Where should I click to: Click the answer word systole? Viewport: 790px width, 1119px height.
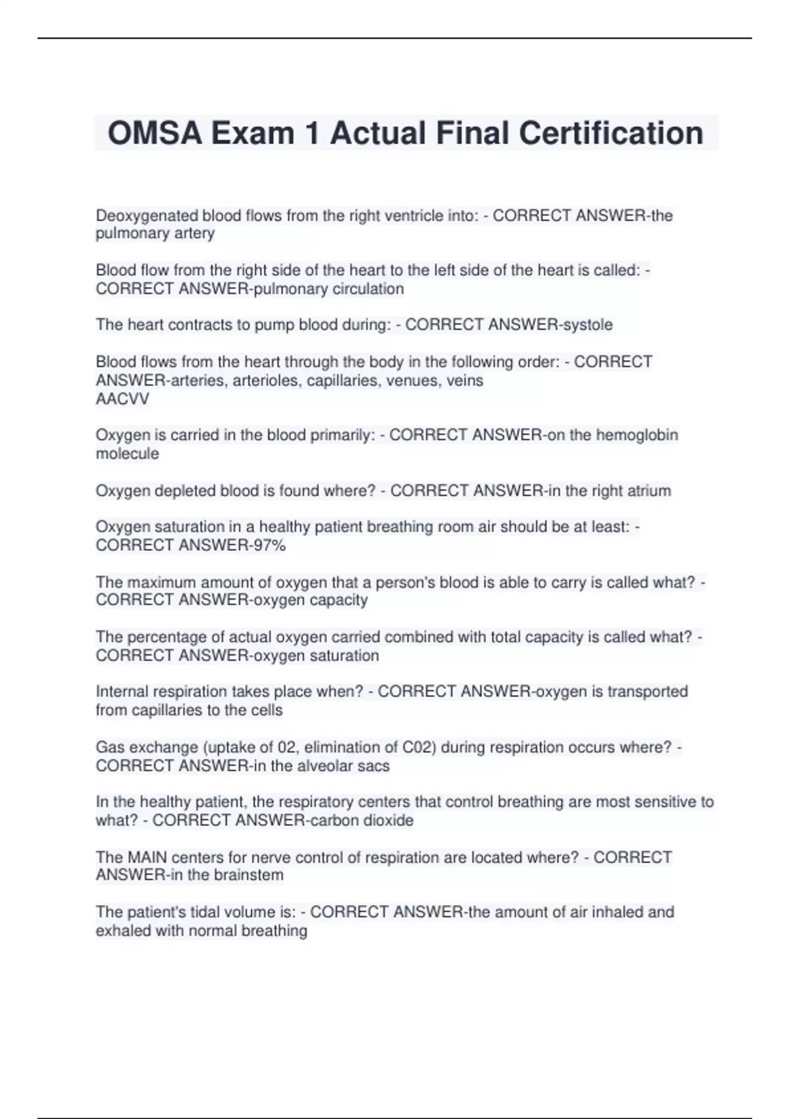pos(585,325)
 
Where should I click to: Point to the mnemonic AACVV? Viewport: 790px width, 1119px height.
pos(122,399)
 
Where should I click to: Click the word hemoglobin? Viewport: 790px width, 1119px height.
pos(637,435)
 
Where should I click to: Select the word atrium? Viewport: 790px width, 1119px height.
pos(648,490)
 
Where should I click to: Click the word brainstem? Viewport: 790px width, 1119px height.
pos(248,875)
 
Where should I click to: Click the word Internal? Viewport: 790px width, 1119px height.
pos(122,691)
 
